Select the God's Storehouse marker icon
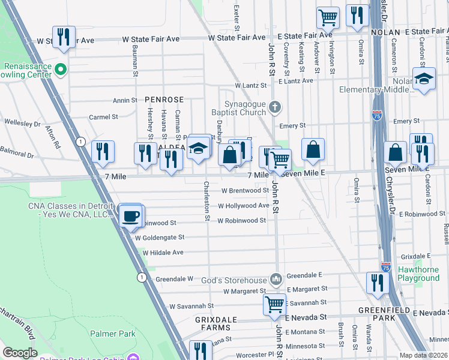276,278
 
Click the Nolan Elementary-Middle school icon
424,79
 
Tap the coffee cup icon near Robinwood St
131,215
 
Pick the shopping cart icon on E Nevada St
274,304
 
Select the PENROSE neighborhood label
163,99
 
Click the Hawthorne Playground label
418,274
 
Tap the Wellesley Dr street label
20,125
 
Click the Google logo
20,353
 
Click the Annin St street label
125,101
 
